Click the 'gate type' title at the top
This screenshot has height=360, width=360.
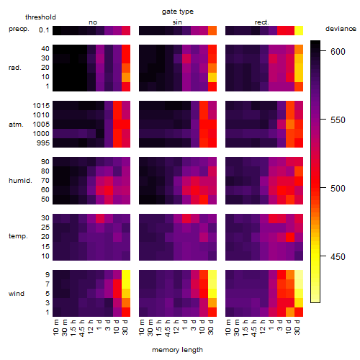pyautogui.click(x=178, y=12)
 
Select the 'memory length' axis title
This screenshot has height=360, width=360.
pyautogui.click(x=177, y=350)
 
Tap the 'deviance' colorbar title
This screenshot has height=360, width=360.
pyautogui.click(x=341, y=29)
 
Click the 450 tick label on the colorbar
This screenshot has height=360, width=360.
pyautogui.click(x=338, y=257)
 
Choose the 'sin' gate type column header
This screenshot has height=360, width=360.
pyautogui.click(x=177, y=22)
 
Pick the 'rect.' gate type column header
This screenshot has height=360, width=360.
pyautogui.click(x=262, y=22)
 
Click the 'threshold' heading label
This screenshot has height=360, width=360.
pyautogui.click(x=40, y=17)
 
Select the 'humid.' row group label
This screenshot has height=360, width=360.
pyautogui.click(x=20, y=181)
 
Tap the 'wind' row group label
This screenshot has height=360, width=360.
pyautogui.click(x=17, y=294)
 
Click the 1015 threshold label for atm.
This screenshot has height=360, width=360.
pyautogui.click(x=41, y=106)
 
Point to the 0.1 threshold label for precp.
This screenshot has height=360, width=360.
pyautogui.click(x=44, y=30)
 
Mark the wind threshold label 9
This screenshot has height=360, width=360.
pyautogui.click(x=48, y=275)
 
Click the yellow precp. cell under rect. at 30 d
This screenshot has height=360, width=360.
pyautogui.click(x=299, y=30)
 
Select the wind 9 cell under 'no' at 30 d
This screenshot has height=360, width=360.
pyautogui.click(x=126, y=275)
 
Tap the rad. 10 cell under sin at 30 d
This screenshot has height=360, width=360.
pyautogui.click(x=212, y=77)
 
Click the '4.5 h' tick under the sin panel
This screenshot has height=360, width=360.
pyautogui.click(x=168, y=328)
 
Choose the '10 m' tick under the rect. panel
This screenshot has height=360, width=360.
pyautogui.click(x=228, y=327)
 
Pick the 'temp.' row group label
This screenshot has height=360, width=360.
pyautogui.click(x=18, y=236)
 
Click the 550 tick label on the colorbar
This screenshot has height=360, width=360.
pyautogui.click(x=338, y=120)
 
